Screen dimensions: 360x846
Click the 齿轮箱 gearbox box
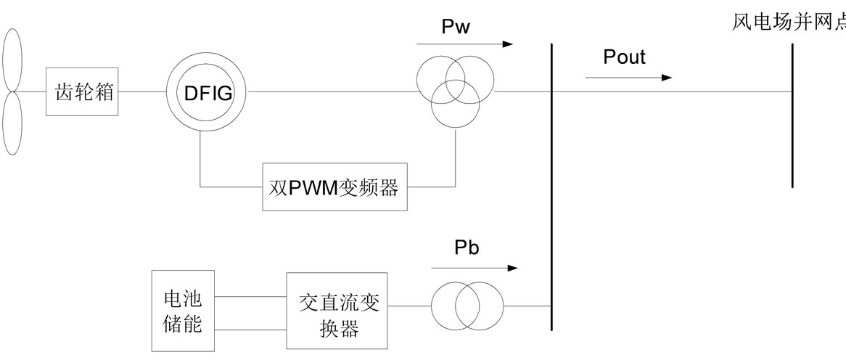(x=83, y=92)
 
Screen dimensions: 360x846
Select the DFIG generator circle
(x=205, y=92)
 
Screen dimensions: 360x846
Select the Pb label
(x=467, y=247)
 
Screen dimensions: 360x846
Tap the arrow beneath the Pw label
(x=465, y=44)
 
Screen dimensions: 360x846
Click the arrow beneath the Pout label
(x=637, y=78)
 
